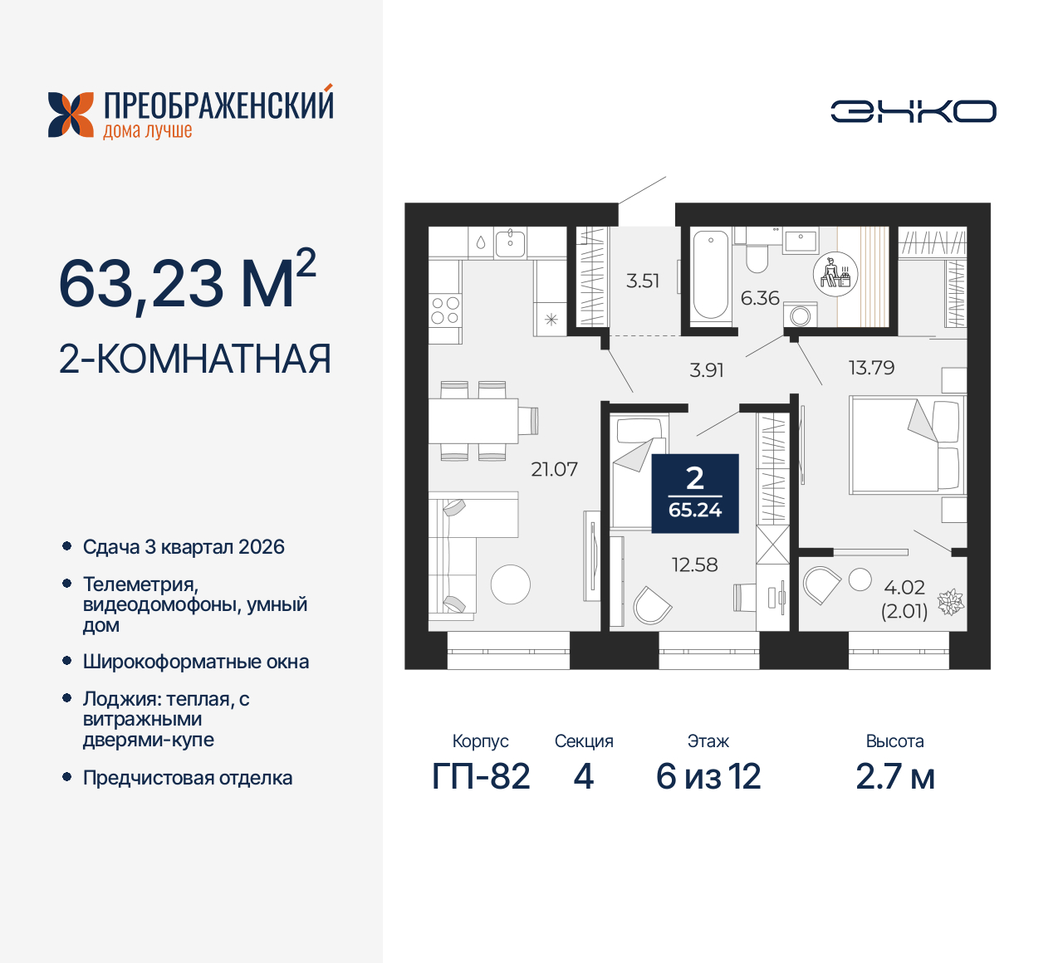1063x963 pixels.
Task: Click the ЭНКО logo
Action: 913,111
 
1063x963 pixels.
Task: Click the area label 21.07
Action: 554,470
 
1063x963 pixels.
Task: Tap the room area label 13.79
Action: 871,368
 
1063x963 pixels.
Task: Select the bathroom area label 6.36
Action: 760,298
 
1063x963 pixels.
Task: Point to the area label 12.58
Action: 694,565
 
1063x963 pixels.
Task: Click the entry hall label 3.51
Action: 643,281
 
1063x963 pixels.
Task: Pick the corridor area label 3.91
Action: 707,370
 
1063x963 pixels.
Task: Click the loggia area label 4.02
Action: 904,588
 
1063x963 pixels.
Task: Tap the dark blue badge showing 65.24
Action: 695,494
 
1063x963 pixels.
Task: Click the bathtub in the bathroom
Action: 710,275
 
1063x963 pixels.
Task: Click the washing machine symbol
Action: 801,315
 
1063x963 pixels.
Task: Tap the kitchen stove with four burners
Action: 445,311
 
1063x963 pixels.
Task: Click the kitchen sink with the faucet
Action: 509,242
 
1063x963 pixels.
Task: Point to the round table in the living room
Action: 510,584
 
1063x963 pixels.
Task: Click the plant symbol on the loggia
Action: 950,602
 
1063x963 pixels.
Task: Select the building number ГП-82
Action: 481,777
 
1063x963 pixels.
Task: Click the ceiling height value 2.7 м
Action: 894,777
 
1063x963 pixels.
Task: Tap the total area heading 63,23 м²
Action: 187,282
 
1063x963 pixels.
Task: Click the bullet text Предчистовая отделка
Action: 188,779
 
